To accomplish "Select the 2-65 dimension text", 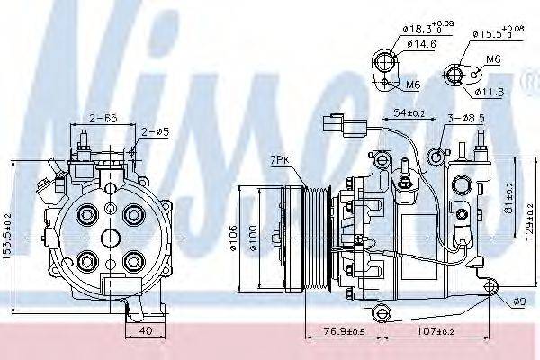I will [x=105, y=118].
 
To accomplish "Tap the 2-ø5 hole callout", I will [x=152, y=134].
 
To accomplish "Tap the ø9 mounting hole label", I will [x=517, y=301].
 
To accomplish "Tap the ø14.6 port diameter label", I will [x=421, y=42].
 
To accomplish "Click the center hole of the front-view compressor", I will [x=110, y=238].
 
